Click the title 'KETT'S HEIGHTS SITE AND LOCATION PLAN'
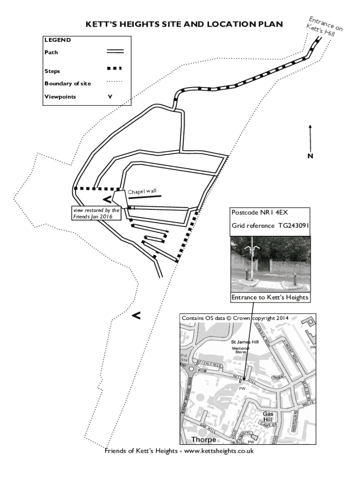coord(184,24)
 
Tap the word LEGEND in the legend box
coord(58,40)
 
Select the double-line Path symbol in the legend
coord(115,51)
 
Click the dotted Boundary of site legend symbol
coord(115,82)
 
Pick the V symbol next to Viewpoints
coord(110,97)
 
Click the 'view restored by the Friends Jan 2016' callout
coord(96,213)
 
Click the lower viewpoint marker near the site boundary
coord(136,316)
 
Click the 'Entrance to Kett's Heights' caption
coord(270,298)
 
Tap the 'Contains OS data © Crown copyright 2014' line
coord(234,318)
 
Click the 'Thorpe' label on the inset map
coord(203,440)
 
